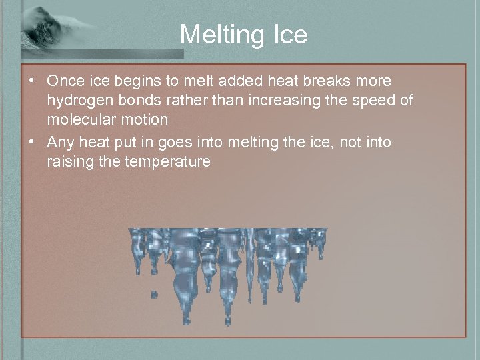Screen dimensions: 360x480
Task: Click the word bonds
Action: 135,101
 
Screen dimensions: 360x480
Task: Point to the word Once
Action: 65,81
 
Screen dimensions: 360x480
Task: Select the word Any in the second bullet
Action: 60,142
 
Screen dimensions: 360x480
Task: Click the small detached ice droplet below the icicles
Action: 155,294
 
